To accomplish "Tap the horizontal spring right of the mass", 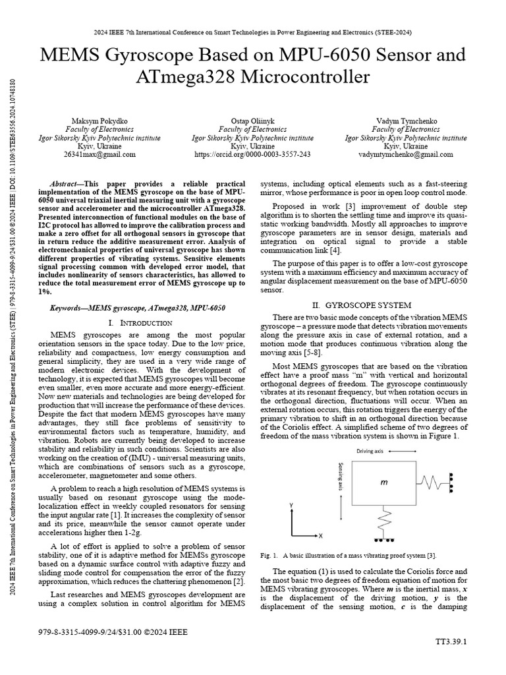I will (433, 484).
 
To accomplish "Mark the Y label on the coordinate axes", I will (291, 505).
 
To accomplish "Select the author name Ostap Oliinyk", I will (252, 122).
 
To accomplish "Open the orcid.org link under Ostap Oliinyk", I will (252, 154).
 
